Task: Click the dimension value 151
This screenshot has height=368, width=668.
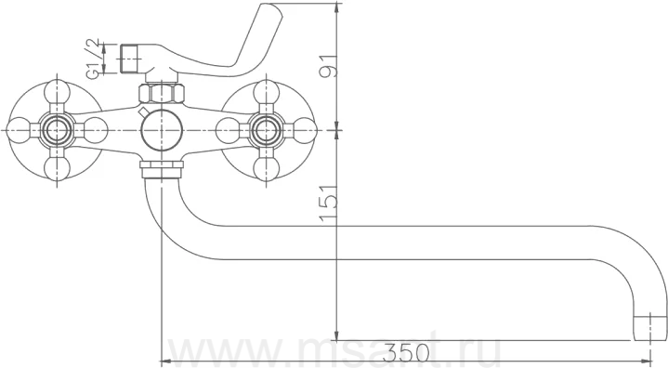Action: [x=330, y=204]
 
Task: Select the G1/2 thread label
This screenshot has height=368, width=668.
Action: [x=93, y=59]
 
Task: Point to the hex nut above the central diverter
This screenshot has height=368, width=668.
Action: [x=162, y=93]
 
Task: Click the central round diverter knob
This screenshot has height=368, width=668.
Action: [x=162, y=130]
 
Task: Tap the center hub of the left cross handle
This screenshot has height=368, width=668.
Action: [x=57, y=130]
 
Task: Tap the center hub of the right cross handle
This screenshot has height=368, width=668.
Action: [x=266, y=130]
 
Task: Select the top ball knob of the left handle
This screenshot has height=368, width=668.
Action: [x=57, y=92]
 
